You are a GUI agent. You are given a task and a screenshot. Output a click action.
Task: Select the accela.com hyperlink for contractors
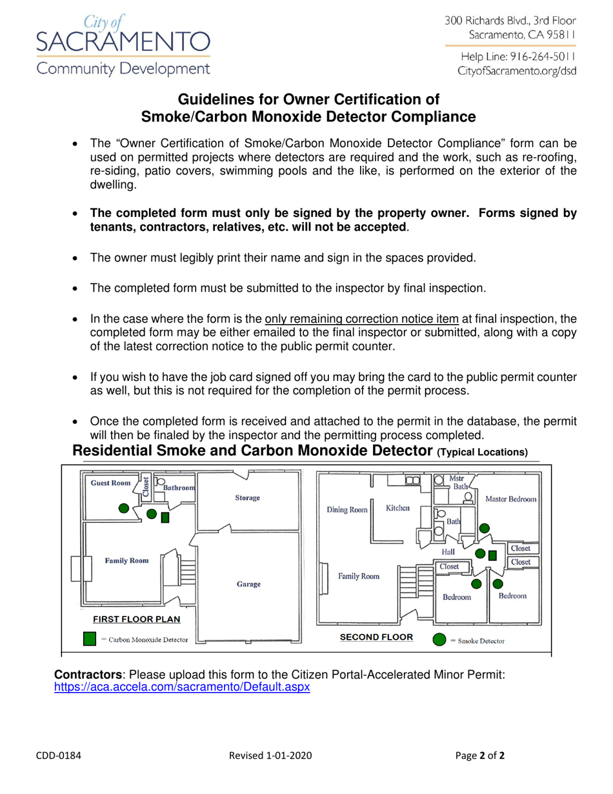pyautogui.click(x=181, y=687)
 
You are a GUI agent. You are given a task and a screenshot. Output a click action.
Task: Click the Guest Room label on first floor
pyautogui.click(x=110, y=483)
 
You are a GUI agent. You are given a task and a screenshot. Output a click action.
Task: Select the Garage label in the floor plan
pyautogui.click(x=248, y=584)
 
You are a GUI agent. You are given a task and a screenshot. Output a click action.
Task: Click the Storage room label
pyautogui.click(x=248, y=498)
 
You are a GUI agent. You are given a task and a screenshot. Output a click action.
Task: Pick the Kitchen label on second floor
pyautogui.click(x=397, y=508)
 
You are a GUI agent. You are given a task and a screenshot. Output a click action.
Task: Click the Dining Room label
pyautogui.click(x=347, y=509)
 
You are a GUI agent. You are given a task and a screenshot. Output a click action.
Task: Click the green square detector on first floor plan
pyautogui.click(x=165, y=518)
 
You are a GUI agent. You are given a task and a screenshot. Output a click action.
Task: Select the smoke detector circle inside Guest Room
pyautogui.click(x=124, y=508)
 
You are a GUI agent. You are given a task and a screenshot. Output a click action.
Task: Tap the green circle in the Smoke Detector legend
pyautogui.click(x=439, y=640)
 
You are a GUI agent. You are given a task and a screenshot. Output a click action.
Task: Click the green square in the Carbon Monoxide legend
pyautogui.click(x=91, y=639)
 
